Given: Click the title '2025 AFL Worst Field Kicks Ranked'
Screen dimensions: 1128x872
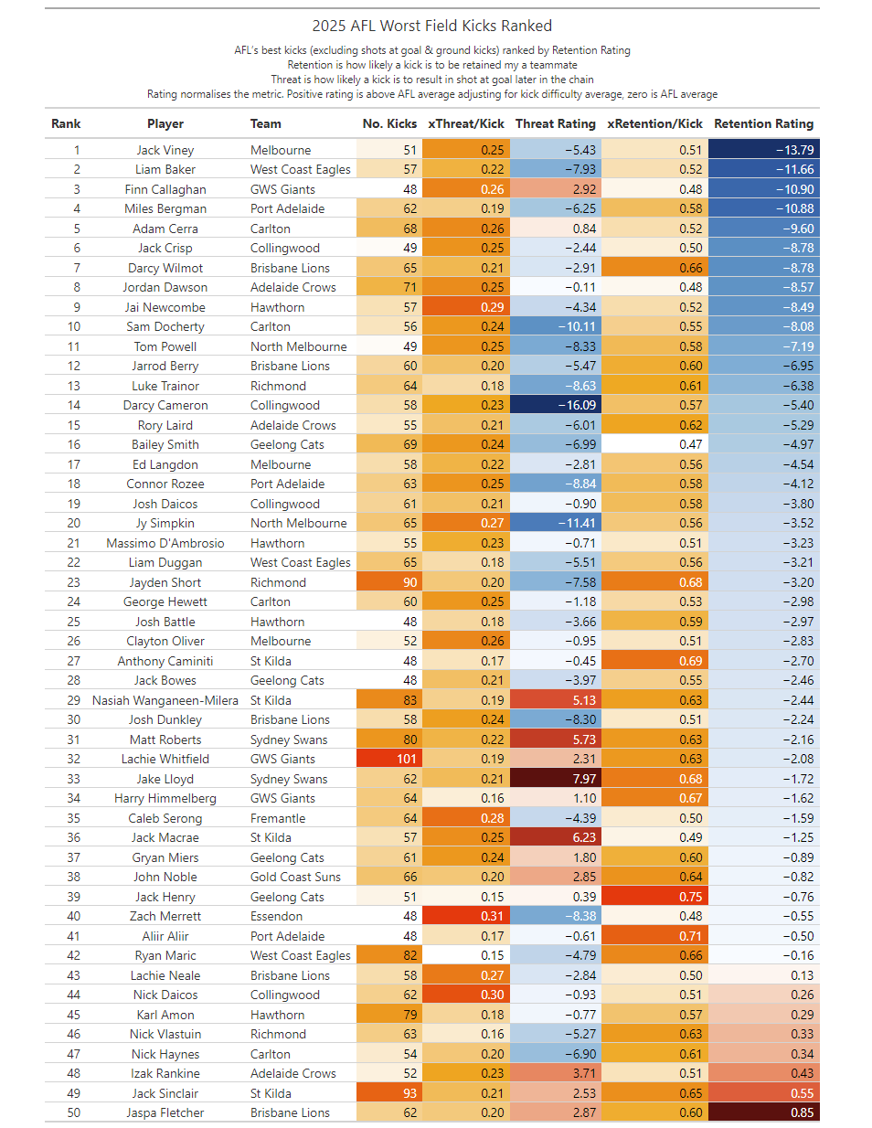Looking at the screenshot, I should [x=431, y=26].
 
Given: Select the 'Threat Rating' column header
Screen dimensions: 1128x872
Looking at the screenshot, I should [x=555, y=123].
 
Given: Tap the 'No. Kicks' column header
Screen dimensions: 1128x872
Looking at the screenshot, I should [x=389, y=123].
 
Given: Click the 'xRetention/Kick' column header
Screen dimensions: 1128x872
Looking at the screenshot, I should [x=654, y=123].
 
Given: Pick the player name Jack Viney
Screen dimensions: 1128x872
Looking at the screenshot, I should [x=165, y=150].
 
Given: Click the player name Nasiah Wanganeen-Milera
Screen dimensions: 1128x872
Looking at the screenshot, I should [x=165, y=700].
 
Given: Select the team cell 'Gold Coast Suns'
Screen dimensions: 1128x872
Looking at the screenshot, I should [x=295, y=877].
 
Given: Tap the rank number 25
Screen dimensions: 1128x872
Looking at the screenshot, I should [x=74, y=622].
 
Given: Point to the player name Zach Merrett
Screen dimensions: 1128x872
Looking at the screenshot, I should [x=165, y=916].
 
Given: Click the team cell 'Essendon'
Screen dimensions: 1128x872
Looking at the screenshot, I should [x=276, y=916].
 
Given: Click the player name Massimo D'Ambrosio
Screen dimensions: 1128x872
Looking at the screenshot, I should [x=165, y=543].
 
